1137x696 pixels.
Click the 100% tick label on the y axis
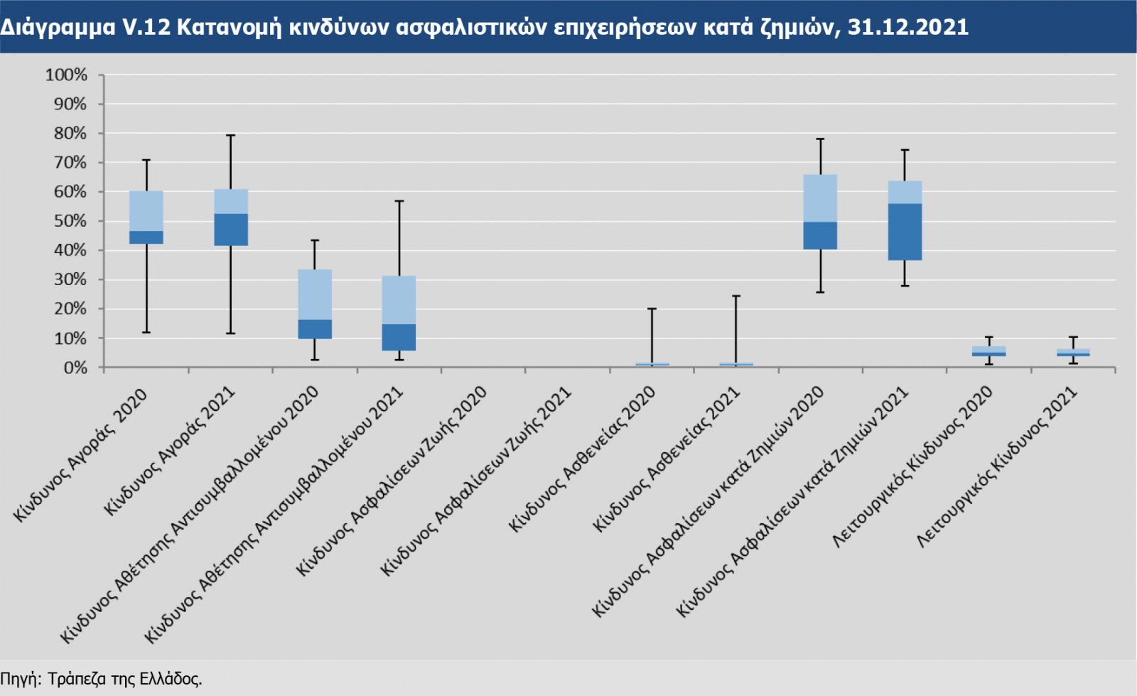click(x=66, y=75)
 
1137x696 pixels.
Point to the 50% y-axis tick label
click(x=69, y=221)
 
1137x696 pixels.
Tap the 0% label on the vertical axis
click(x=75, y=368)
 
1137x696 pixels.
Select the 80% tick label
click(x=69, y=134)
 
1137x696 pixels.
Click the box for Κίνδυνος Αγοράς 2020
click(x=146, y=218)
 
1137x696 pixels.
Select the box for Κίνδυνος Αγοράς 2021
click(x=231, y=218)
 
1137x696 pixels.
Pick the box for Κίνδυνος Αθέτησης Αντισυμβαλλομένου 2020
click(x=315, y=304)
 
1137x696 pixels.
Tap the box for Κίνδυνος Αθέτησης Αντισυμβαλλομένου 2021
click(x=399, y=314)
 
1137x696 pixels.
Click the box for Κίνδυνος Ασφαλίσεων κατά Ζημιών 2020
click(x=820, y=212)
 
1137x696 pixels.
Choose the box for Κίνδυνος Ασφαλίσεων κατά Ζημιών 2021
click(x=905, y=220)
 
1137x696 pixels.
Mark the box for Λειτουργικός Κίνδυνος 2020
click(x=988, y=351)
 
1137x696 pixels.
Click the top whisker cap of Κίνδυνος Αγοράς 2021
click(x=231, y=135)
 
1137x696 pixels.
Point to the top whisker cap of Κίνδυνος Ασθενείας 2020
click(x=652, y=309)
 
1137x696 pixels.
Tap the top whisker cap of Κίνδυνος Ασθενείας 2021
click(x=736, y=296)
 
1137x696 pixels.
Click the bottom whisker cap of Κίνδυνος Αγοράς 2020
click(x=146, y=333)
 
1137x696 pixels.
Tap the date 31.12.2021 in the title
click(x=907, y=27)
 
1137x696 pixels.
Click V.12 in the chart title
click(x=146, y=27)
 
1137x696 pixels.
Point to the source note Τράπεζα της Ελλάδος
click(x=125, y=679)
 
